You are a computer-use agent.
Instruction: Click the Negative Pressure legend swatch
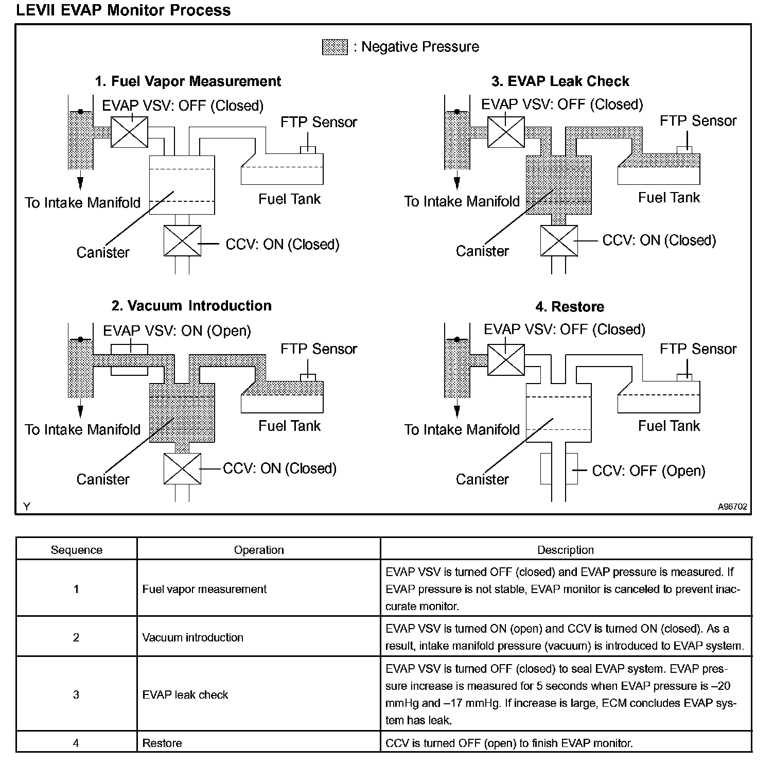(x=335, y=47)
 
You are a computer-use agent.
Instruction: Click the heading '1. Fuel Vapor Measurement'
(x=188, y=81)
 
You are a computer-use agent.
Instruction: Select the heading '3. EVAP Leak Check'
(x=560, y=81)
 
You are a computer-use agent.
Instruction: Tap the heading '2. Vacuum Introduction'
(x=191, y=306)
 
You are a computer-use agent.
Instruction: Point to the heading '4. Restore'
(x=570, y=307)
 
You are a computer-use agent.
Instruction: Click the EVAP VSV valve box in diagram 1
(x=130, y=132)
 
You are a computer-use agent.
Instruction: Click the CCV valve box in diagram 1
(x=182, y=240)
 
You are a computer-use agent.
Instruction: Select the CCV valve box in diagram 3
(x=559, y=240)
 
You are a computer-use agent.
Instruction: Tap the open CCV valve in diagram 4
(x=559, y=468)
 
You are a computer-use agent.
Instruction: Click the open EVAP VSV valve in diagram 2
(x=130, y=359)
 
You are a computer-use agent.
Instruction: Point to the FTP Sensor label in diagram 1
(x=319, y=123)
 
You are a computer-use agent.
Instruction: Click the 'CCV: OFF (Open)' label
(x=648, y=471)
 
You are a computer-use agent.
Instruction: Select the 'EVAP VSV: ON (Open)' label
(x=177, y=331)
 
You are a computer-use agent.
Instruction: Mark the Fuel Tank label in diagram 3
(x=669, y=198)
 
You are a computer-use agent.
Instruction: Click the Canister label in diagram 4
(x=482, y=479)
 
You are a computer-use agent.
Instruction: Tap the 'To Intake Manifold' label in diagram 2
(x=82, y=429)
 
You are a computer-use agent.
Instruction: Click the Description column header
(x=565, y=550)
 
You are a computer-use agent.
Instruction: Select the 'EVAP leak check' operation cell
(x=185, y=695)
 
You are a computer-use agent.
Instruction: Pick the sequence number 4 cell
(x=76, y=743)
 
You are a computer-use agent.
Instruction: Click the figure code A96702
(x=732, y=507)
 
